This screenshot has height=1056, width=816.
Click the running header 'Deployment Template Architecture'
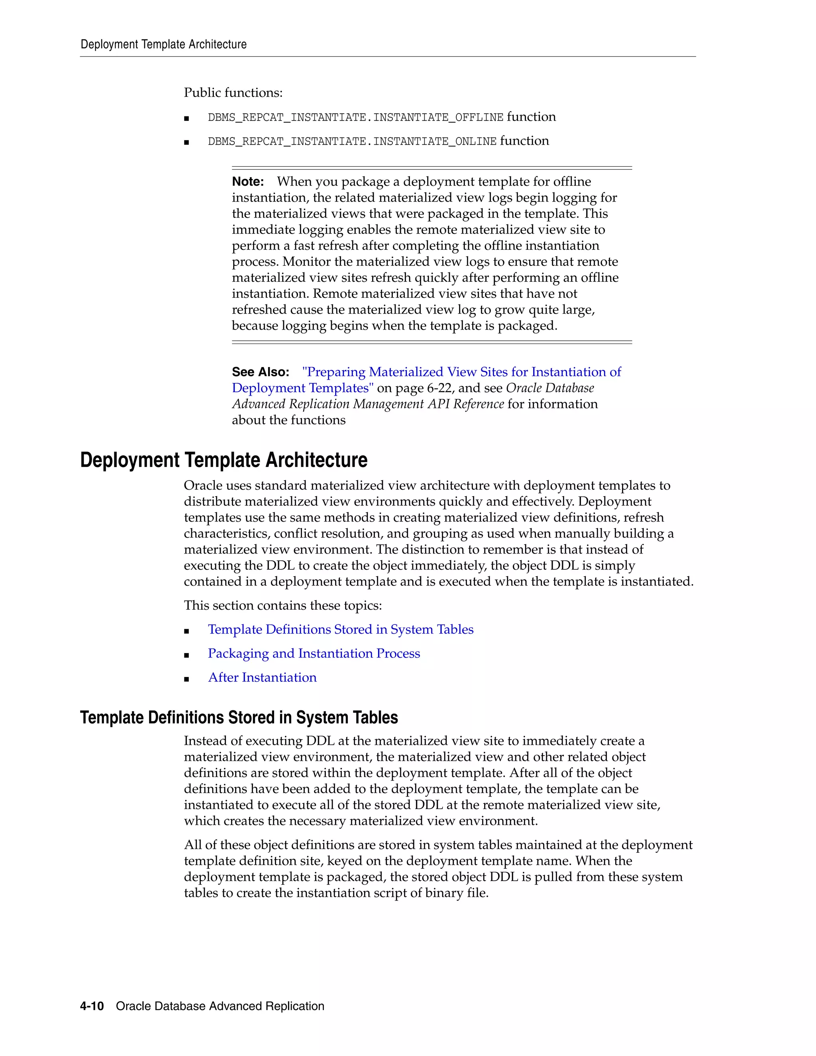[x=163, y=45]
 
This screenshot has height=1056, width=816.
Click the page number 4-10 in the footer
[x=92, y=1006]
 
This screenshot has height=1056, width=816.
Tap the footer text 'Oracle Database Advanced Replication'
[x=220, y=1006]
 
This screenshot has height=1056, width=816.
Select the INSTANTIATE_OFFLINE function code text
[x=355, y=118]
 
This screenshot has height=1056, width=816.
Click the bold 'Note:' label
[x=247, y=182]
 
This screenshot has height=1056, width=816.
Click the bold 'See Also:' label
[x=260, y=372]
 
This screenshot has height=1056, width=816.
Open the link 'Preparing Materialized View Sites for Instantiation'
[x=461, y=372]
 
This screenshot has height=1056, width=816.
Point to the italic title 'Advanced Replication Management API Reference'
[x=367, y=404]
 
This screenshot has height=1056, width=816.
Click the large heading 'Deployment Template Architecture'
[x=224, y=460]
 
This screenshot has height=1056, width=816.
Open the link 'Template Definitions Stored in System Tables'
[x=340, y=630]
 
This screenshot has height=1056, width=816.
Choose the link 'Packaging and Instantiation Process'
[x=314, y=654]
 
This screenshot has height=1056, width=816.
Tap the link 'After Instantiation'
[x=262, y=678]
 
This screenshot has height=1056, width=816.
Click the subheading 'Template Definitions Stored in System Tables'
[x=239, y=718]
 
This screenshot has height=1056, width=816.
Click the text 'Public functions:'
[x=233, y=93]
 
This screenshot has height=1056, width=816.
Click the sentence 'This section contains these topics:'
[x=283, y=606]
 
